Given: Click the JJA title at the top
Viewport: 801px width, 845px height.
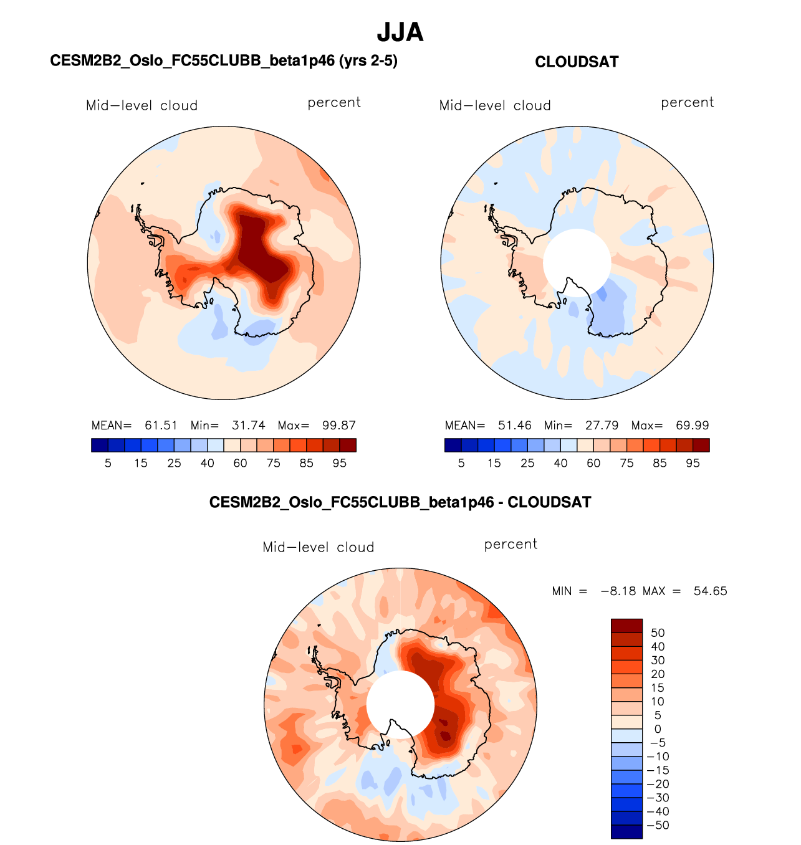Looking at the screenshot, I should [x=400, y=32].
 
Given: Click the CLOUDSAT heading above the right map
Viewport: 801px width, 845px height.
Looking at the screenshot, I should [x=577, y=62].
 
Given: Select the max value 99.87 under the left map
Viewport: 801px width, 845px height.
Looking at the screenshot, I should [x=339, y=426].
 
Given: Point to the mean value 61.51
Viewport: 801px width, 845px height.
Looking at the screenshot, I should [x=161, y=426].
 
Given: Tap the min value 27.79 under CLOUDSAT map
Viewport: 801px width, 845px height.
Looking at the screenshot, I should [x=602, y=426].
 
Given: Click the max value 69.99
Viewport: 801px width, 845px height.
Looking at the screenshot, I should [x=693, y=426].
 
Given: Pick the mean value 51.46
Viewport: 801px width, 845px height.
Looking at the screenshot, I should [x=515, y=426].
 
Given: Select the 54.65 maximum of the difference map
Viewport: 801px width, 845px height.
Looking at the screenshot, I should [x=711, y=591].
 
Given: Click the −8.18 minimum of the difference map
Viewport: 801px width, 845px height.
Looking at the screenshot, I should [x=618, y=591].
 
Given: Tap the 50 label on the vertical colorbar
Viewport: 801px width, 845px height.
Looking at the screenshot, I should [x=658, y=633].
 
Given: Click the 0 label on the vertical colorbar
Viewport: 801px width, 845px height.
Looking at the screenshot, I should [x=658, y=729].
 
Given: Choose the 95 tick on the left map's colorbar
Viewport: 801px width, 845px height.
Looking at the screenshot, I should [x=340, y=463].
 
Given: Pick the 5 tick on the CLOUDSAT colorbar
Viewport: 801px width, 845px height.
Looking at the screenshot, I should [x=461, y=463].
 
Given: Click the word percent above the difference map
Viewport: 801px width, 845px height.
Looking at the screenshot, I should [x=511, y=544].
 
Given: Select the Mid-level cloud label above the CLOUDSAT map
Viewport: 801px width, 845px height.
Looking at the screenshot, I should [x=495, y=105].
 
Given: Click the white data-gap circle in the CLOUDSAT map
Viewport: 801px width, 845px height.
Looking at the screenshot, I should [x=577, y=262].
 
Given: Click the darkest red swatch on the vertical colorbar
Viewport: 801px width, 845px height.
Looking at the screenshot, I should [x=626, y=626].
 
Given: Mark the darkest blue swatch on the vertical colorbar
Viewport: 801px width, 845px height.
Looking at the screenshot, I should [x=626, y=832].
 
